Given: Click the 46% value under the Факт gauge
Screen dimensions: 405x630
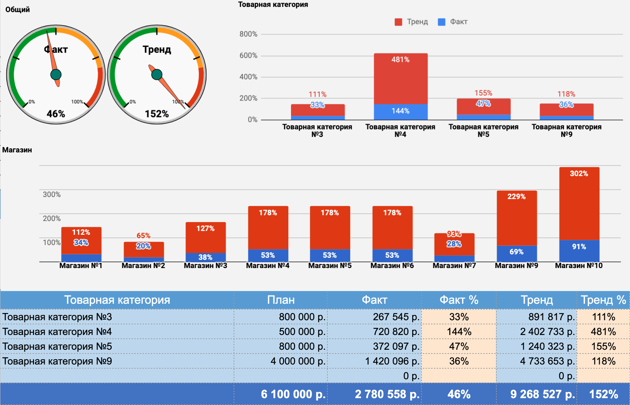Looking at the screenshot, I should click(56, 114).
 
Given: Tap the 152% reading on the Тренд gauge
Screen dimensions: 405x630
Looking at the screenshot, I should click(157, 114).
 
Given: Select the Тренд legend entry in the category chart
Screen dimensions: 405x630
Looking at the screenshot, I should click(412, 22).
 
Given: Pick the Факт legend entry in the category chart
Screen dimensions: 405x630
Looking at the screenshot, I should click(453, 22).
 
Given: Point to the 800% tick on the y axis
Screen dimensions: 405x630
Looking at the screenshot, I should click(248, 34).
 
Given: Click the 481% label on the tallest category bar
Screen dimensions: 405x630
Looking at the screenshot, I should click(401, 59).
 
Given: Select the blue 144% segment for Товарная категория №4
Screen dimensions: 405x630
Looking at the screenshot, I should click(401, 111).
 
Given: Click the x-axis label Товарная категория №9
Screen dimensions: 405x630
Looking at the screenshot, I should click(566, 130).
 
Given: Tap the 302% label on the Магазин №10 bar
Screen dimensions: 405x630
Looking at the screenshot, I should click(579, 173).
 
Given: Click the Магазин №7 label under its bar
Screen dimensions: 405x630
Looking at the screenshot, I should click(454, 266).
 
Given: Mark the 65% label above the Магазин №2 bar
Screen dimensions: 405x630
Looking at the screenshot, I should click(143, 235).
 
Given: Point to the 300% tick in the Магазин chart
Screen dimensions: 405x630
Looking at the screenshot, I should click(52, 194).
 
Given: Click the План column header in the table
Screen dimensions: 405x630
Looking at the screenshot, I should click(281, 300).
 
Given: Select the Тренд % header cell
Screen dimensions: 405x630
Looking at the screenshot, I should click(603, 300).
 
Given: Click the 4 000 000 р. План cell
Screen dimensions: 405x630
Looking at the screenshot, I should click(298, 361).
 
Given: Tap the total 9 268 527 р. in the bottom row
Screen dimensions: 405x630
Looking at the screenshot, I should click(542, 394).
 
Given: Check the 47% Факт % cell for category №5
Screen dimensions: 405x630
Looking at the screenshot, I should click(459, 346).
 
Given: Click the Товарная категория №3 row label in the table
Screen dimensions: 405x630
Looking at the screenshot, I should click(57, 317).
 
